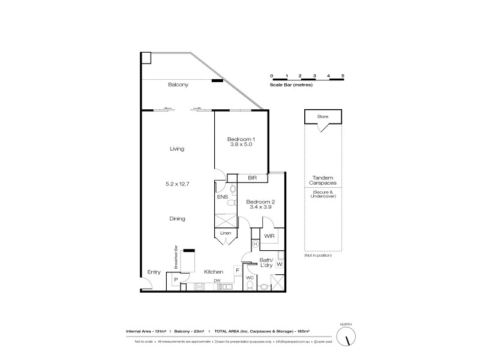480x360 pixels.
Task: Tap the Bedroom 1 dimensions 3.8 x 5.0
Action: pyautogui.click(x=241, y=145)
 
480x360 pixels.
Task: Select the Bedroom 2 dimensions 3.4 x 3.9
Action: pyautogui.click(x=260, y=208)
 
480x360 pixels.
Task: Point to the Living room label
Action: pyautogui.click(x=177, y=149)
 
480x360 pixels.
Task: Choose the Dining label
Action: pyautogui.click(x=177, y=219)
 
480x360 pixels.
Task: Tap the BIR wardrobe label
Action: pyautogui.click(x=252, y=178)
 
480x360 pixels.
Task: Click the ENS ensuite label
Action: pyautogui.click(x=222, y=197)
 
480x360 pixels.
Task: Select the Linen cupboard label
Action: pyautogui.click(x=226, y=232)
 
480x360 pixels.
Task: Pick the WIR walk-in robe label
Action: pyautogui.click(x=269, y=236)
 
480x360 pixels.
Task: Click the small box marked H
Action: pyautogui.click(x=255, y=244)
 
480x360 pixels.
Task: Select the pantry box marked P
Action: pyautogui.click(x=176, y=280)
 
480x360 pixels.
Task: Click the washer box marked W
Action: pyautogui.click(x=280, y=263)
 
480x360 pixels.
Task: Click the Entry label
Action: pyautogui.click(x=154, y=272)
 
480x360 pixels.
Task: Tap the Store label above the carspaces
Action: pyautogui.click(x=323, y=116)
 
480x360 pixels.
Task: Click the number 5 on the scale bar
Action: pyautogui.click(x=343, y=76)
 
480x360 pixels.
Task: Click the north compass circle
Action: pyautogui.click(x=346, y=338)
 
